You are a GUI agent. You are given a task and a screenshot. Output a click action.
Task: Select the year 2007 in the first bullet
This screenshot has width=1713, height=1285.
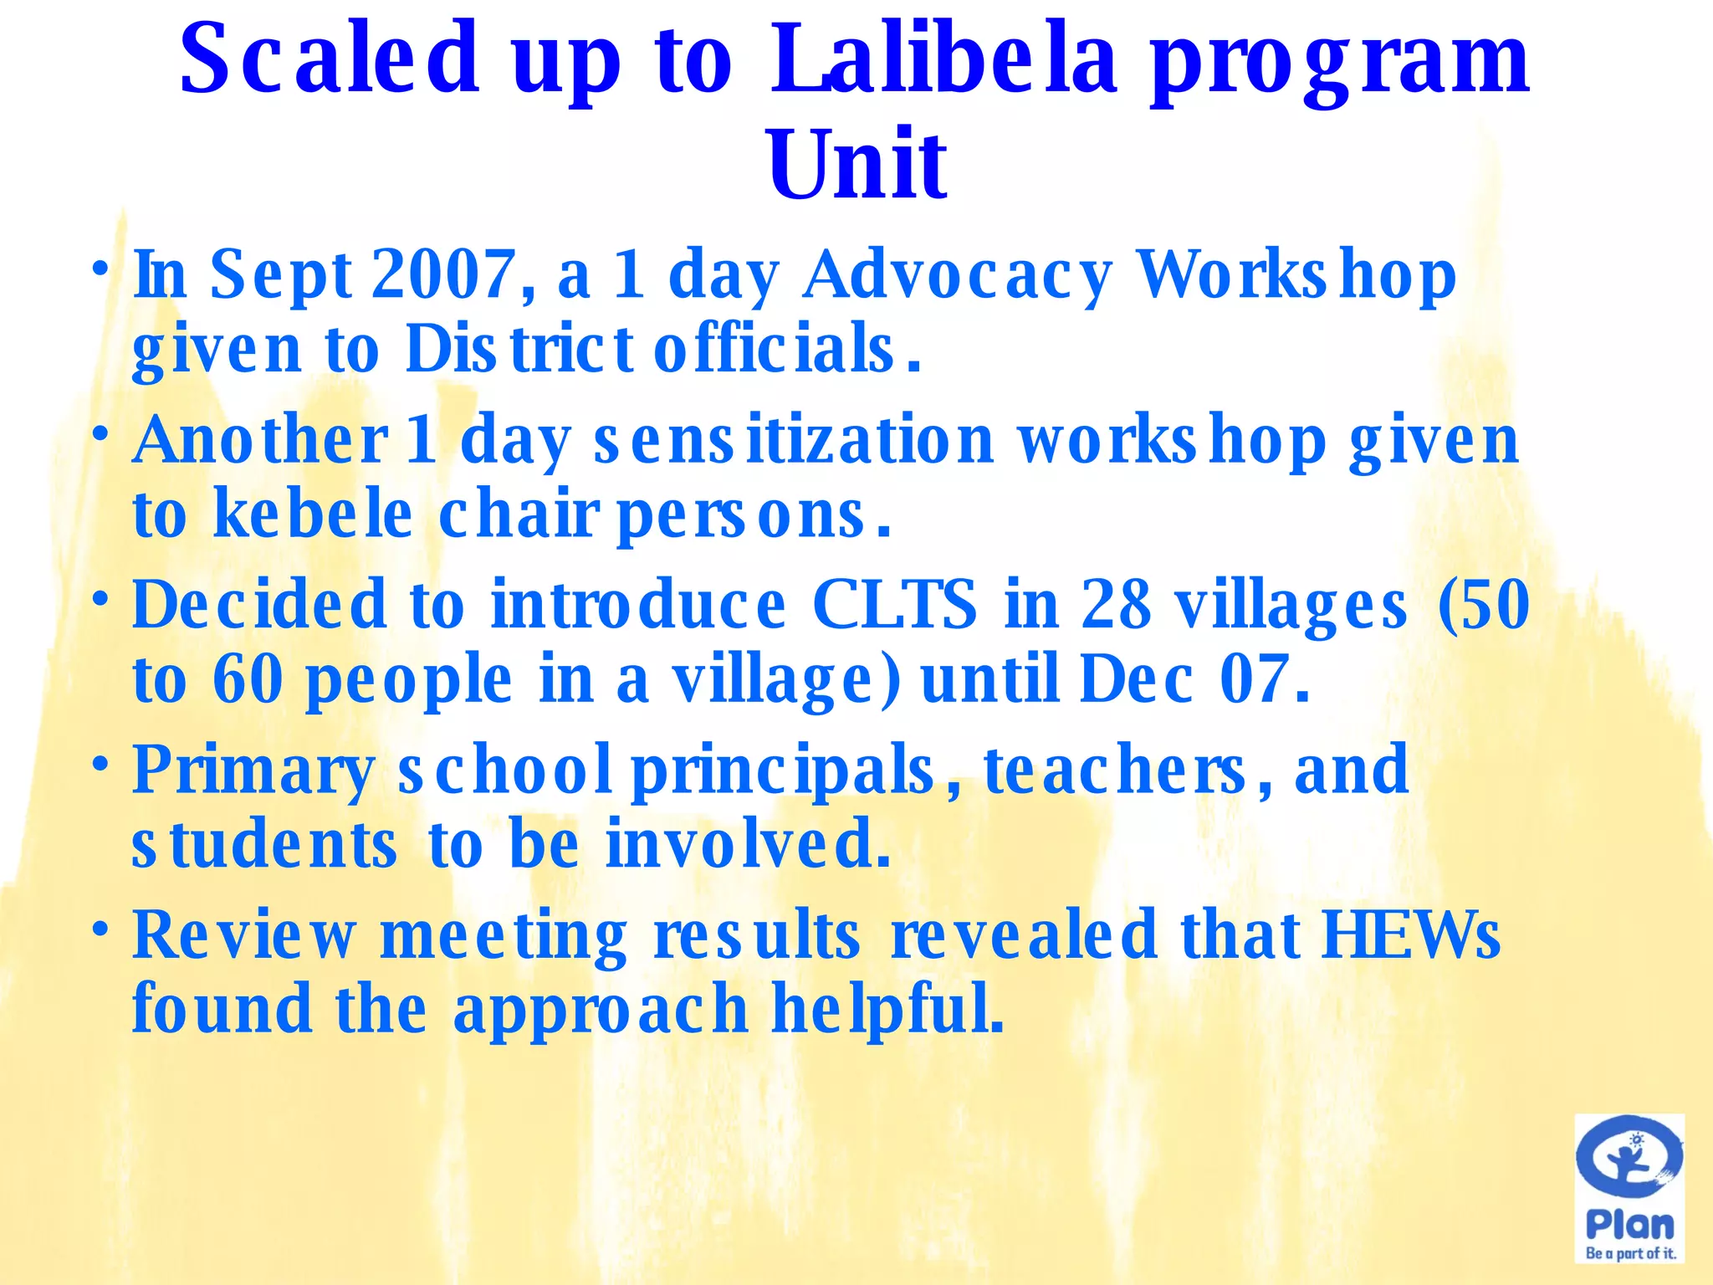(443, 274)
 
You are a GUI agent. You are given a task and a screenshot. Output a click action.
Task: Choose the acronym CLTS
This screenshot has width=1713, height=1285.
(893, 604)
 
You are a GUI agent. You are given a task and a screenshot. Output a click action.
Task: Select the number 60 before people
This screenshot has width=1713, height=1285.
(248, 679)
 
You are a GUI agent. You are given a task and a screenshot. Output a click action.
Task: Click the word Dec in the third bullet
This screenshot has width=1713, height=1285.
(1136, 679)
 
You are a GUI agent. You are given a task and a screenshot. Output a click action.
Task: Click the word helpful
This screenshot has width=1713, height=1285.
(887, 1010)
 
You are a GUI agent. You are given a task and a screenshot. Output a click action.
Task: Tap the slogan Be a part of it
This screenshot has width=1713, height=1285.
(1630, 1253)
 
